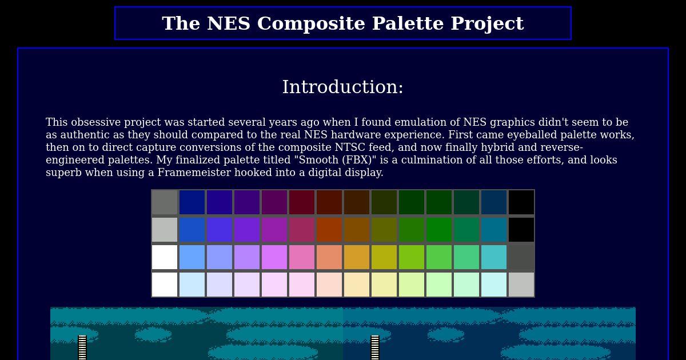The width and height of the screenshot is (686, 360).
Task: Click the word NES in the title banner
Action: (229, 23)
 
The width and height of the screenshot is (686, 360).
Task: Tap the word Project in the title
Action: (487, 24)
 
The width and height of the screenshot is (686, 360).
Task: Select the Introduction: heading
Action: (342, 87)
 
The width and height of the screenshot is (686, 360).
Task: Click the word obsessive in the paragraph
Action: (96, 122)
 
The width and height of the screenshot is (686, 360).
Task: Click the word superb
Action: (63, 173)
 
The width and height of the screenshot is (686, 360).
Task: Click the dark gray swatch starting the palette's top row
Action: (165, 202)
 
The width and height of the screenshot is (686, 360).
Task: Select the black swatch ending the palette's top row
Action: (521, 202)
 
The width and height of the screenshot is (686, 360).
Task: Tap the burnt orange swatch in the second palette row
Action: (329, 230)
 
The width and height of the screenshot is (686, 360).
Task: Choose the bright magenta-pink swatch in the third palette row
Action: (274, 257)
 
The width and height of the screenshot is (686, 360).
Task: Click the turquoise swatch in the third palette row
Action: (494, 257)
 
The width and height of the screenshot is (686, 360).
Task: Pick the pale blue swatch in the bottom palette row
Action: (192, 285)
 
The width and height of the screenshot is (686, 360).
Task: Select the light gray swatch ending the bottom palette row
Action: (521, 285)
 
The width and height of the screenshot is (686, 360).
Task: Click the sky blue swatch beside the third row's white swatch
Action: (192, 257)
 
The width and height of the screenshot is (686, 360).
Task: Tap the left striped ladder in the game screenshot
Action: (82, 348)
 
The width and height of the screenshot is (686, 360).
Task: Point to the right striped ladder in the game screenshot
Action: (375, 348)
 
